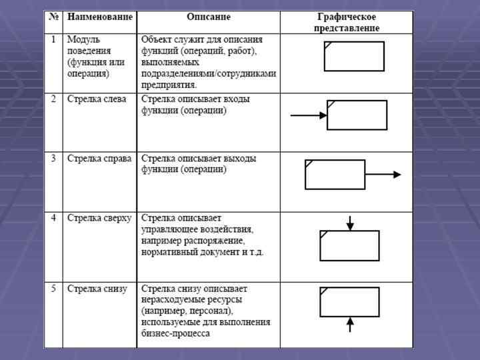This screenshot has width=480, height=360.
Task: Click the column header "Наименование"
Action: (x=99, y=17)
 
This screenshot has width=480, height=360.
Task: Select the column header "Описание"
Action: (x=208, y=17)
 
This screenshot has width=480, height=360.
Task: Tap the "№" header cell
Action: (x=54, y=17)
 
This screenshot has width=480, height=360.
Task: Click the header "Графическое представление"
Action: (x=347, y=22)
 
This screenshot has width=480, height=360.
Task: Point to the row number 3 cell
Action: (x=54, y=159)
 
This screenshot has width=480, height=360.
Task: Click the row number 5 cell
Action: (x=54, y=289)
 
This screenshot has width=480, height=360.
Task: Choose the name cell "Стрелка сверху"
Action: (x=99, y=218)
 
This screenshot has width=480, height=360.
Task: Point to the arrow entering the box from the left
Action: (x=309, y=115)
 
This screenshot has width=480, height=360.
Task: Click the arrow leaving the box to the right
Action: (x=383, y=175)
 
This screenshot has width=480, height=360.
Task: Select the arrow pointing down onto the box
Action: (x=350, y=223)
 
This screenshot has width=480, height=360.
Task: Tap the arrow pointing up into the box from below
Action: (x=350, y=325)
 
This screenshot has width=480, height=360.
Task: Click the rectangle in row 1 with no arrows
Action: (x=354, y=56)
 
